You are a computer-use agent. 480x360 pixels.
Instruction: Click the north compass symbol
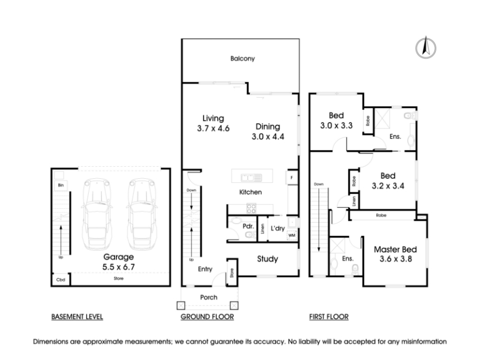[x=425, y=48]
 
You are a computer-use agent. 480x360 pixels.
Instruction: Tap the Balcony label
[x=242, y=58]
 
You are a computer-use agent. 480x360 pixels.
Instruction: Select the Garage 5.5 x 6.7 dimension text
[x=118, y=267]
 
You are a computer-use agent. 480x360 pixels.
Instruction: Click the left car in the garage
[x=97, y=214]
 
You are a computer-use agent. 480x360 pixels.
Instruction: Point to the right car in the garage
[x=141, y=214]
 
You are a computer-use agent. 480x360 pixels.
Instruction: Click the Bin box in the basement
[x=61, y=185]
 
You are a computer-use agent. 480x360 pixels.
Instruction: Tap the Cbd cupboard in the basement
[x=61, y=280]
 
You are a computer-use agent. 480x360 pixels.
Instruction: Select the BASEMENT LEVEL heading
[x=77, y=317]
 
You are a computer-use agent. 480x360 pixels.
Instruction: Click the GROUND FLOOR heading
[x=207, y=317]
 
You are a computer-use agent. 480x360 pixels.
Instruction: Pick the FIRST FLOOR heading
[x=329, y=317]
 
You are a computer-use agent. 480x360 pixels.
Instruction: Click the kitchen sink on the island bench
[x=251, y=178]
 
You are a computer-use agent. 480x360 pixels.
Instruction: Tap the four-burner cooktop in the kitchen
[x=251, y=209]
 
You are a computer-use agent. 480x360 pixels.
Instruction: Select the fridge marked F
[x=292, y=178]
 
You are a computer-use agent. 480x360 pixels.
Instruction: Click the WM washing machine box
[x=292, y=235]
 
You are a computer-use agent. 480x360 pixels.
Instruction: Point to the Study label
[x=268, y=259]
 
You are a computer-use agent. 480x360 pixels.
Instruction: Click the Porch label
[x=209, y=297]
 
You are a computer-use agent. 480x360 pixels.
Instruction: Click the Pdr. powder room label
[x=248, y=226]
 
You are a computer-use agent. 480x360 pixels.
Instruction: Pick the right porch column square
[x=234, y=305]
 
